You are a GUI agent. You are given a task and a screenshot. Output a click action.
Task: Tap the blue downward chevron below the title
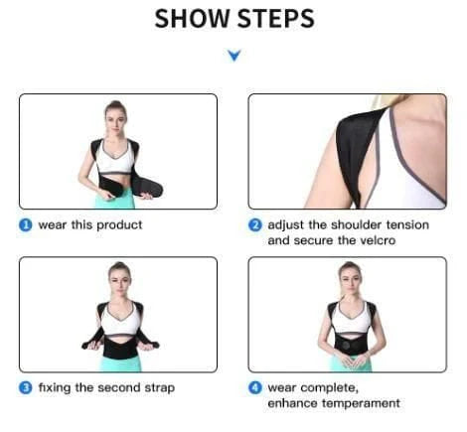click(233, 56)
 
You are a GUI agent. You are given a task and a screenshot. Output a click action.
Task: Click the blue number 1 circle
click(26, 224)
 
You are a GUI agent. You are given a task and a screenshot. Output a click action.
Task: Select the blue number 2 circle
click(255, 224)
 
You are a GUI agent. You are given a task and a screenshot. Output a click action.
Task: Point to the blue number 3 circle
click(26, 387)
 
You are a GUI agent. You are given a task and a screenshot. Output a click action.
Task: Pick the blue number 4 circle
click(255, 387)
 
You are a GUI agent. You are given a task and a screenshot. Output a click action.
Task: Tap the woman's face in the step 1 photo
click(117, 115)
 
